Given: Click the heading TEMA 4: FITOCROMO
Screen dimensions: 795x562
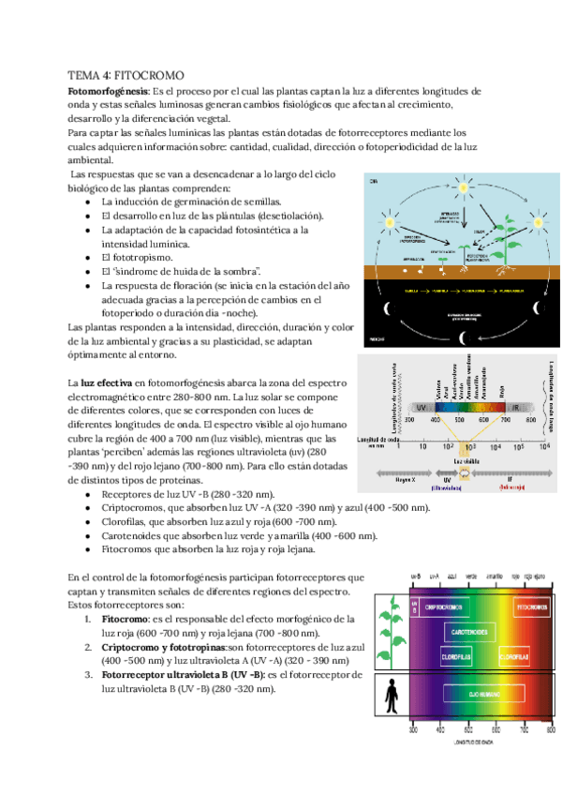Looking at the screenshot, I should (128, 75).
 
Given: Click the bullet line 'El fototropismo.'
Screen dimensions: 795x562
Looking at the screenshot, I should (139, 257).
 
